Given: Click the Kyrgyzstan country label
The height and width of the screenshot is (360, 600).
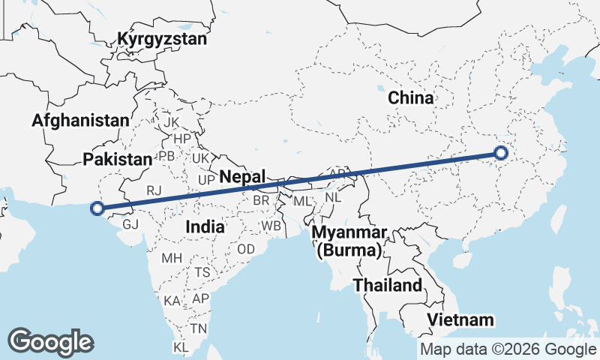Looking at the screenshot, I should (x=162, y=40).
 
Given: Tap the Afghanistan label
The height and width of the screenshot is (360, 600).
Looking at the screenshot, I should (x=80, y=120).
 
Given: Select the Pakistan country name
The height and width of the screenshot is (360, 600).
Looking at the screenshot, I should (x=117, y=159).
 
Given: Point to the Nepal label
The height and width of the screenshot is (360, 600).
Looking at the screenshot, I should (x=243, y=177).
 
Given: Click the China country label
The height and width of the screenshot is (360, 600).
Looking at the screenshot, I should (x=411, y=97).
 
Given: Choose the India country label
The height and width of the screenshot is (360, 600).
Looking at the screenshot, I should (x=205, y=226).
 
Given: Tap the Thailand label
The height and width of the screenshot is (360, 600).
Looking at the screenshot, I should (x=388, y=286).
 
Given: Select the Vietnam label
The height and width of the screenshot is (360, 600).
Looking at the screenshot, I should (x=460, y=320).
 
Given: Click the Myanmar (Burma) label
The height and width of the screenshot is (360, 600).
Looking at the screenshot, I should (x=349, y=241).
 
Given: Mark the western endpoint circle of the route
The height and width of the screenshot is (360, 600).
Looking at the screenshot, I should (x=96, y=209).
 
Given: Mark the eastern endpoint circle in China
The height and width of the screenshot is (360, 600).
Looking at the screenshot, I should (x=501, y=154).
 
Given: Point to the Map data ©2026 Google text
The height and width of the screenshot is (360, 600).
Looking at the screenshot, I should (x=507, y=349).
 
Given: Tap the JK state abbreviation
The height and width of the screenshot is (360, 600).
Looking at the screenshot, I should (x=171, y=122).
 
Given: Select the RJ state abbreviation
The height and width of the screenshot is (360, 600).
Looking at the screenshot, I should (x=154, y=190).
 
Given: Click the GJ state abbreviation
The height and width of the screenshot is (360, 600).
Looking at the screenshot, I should (x=130, y=223).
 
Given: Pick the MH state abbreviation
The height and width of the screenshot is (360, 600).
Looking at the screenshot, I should (x=172, y=258).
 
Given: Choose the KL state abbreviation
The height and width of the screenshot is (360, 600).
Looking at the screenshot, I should (x=181, y=347).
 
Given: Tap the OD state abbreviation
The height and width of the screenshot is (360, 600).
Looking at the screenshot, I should (x=245, y=249).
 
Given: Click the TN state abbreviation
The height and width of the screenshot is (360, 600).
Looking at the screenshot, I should (x=198, y=328).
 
